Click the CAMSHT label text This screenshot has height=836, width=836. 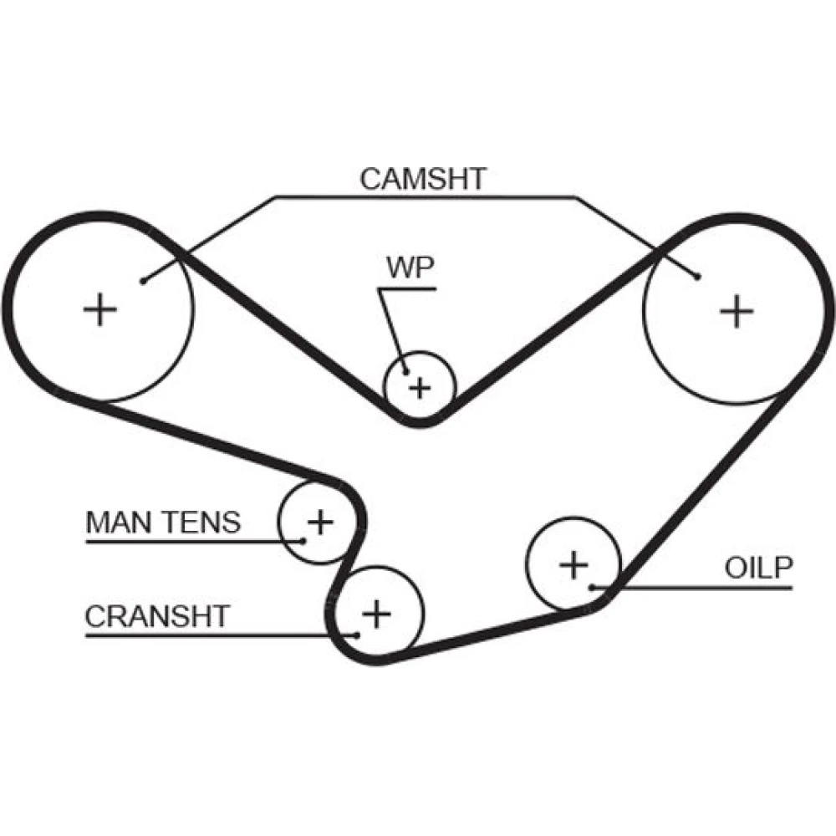click(x=423, y=178)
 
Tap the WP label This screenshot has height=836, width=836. click(x=410, y=268)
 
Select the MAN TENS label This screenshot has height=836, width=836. click(x=163, y=522)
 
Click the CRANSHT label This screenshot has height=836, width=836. click(x=156, y=616)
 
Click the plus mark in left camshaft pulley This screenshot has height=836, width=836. click(x=101, y=311)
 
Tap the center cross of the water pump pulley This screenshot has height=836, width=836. click(x=420, y=387)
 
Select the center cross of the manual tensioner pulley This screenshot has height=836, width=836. click(x=319, y=522)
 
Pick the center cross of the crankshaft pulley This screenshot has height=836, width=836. click(x=376, y=614)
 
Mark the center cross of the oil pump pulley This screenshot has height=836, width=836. click(x=573, y=565)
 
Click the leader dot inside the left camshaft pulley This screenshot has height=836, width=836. click(x=144, y=281)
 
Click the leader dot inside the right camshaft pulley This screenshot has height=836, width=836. click(x=696, y=275)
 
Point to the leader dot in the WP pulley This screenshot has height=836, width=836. click(x=406, y=374)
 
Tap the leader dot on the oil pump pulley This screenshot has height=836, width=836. click(x=591, y=587)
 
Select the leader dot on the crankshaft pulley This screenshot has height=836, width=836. click(x=358, y=635)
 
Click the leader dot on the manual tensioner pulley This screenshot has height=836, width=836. click(x=303, y=540)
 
